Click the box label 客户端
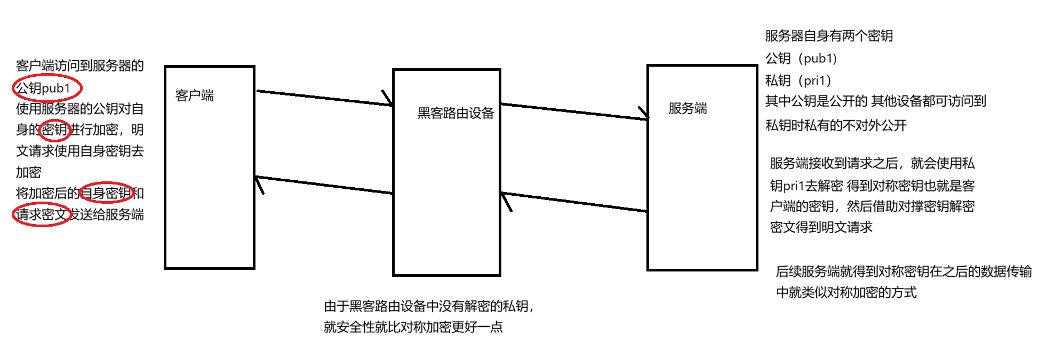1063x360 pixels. [195, 96]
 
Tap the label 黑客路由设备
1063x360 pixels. [455, 113]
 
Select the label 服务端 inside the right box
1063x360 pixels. [688, 109]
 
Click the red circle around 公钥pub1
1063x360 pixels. [47, 88]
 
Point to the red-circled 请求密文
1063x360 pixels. [42, 214]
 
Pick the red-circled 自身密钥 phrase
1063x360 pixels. [107, 193]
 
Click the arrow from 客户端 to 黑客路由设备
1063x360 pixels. [324, 98]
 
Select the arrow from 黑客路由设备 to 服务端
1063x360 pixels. [574, 111]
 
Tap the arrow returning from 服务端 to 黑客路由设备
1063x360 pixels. [574, 202]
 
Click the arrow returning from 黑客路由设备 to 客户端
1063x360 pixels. [324, 185]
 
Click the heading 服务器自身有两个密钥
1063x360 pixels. [829, 36]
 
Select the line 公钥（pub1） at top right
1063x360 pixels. [801, 58]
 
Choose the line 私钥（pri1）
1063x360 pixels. [798, 81]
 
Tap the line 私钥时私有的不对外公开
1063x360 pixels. [836, 125]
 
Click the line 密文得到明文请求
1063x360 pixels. [821, 227]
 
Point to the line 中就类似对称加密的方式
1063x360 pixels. [846, 292]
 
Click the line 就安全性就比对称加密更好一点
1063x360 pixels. [413, 327]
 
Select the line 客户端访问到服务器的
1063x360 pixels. [80, 66]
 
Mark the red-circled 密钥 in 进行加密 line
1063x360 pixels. [55, 130]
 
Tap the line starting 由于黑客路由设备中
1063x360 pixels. [429, 306]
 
